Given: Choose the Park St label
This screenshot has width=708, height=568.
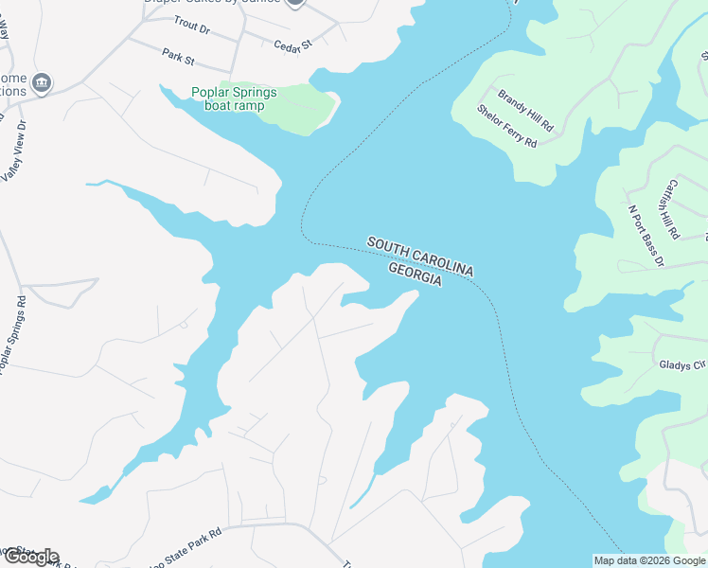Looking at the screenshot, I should point(177,59).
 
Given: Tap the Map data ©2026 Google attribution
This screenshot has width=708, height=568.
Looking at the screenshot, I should point(649,560).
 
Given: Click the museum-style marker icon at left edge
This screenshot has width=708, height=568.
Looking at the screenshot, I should point(41,84).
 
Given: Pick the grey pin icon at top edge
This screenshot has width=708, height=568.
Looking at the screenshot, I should point(295,3).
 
